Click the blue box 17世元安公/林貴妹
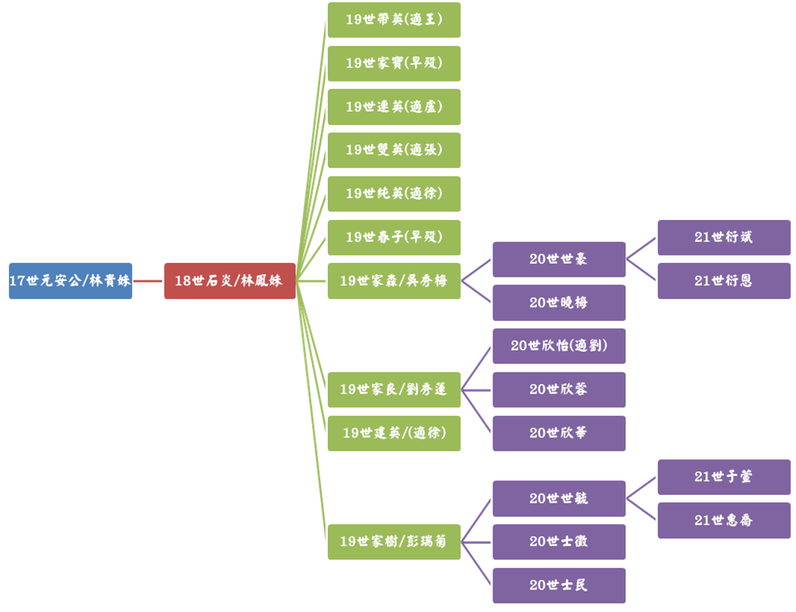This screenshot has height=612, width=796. [70, 280]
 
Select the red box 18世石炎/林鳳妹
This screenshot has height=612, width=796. [230, 280]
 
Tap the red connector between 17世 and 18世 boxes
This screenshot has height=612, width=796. [148, 280]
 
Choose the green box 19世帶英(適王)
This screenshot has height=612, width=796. [393, 20]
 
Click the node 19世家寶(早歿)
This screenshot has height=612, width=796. [393, 63]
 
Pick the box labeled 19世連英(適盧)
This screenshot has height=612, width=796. [393, 107]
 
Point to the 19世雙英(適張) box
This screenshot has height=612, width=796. [393, 150]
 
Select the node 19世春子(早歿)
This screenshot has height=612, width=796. [393, 237]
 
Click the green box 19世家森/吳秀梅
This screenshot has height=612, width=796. [393, 280]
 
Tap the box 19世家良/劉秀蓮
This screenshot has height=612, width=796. [393, 389]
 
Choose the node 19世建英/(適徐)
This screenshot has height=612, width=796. [393, 433]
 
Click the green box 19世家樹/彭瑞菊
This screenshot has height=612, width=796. [393, 542]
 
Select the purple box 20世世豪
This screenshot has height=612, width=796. [559, 259]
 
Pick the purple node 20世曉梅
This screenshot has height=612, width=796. [559, 302]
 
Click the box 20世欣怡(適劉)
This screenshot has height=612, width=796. [559, 346]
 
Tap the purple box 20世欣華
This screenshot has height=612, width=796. [559, 433]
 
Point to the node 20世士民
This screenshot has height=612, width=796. [559, 586]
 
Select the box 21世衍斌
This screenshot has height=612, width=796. [723, 237]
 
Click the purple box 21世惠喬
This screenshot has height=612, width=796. [723, 520]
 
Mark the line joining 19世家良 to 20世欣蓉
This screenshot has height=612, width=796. [477, 390]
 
